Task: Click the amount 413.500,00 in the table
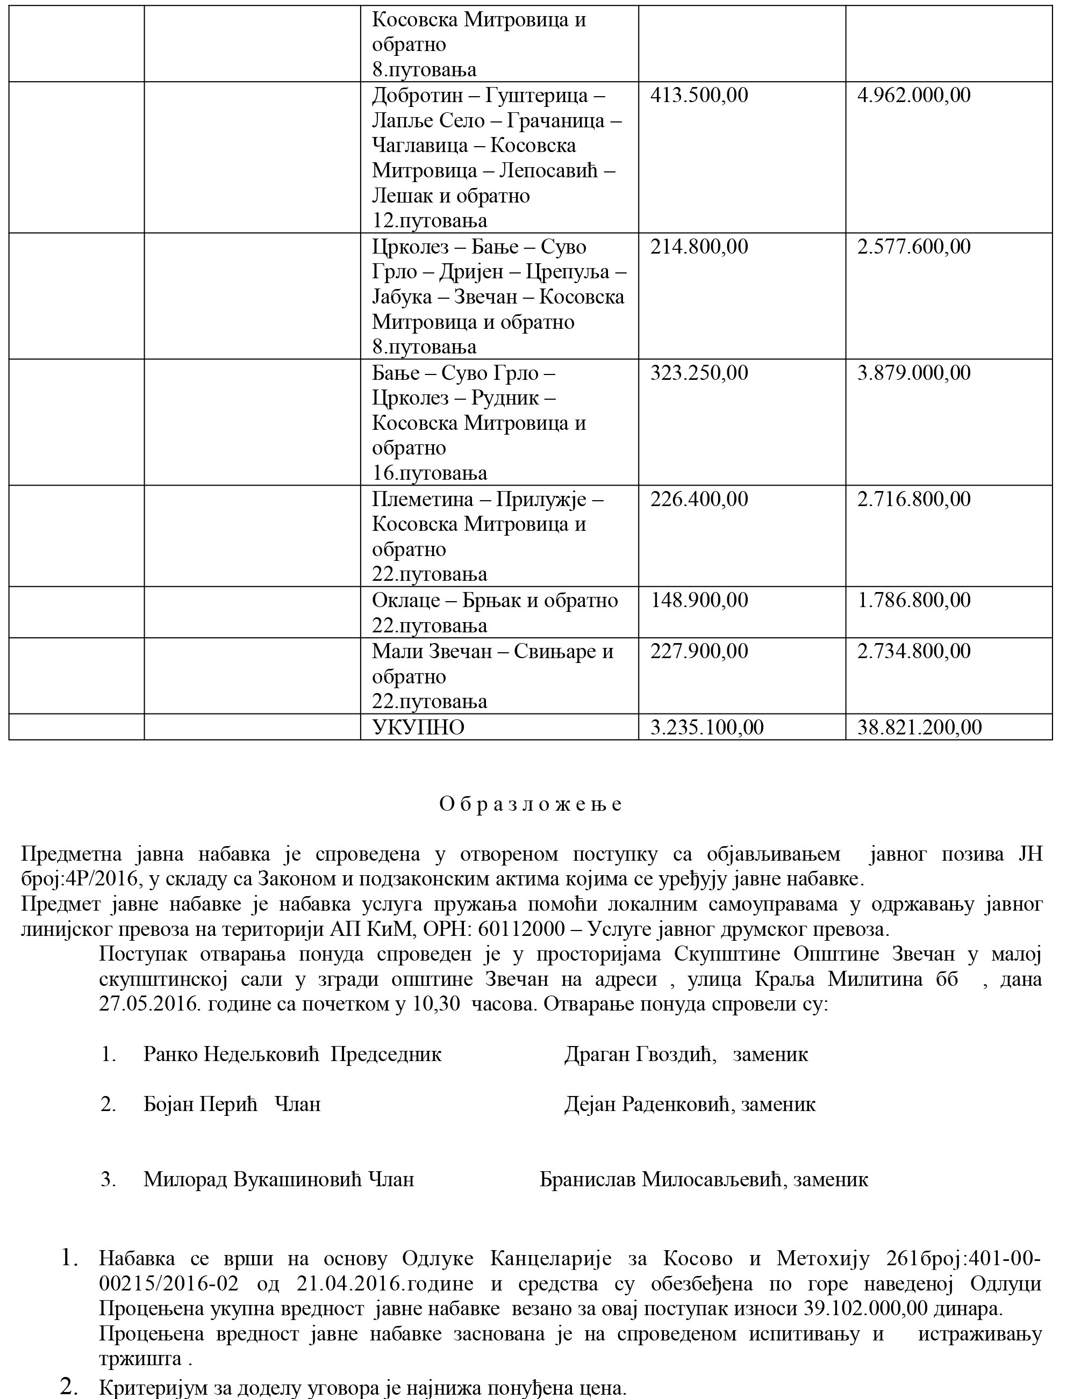[699, 96]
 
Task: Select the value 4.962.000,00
[914, 96]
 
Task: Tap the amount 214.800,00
[699, 247]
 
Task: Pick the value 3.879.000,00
[914, 373]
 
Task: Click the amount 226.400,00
[699, 499]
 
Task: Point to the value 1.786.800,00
[914, 600]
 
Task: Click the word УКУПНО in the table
[418, 727]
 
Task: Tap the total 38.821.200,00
[920, 727]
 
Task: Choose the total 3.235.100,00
[707, 727]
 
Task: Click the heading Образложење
[531, 804]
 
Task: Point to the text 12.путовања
[430, 221]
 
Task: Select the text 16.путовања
[430, 473]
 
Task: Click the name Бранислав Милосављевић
[662, 1179]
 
